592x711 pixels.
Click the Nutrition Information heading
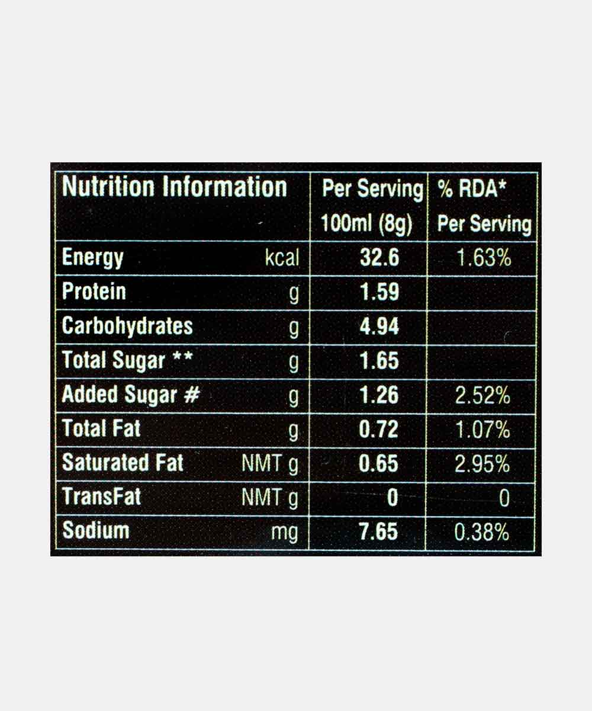pyautogui.click(x=175, y=187)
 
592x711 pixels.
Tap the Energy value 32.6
pyautogui.click(x=379, y=258)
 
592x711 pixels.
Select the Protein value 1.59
pyautogui.click(x=379, y=292)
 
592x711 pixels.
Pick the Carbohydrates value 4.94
pyautogui.click(x=379, y=326)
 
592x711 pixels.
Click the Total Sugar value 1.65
pyautogui.click(x=379, y=361)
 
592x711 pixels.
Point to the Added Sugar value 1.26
pyautogui.click(x=379, y=395)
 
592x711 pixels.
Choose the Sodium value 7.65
pyautogui.click(x=379, y=531)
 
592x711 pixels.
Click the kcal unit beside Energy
pyautogui.click(x=282, y=259)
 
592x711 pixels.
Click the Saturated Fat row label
pyautogui.click(x=123, y=463)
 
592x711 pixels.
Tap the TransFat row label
pyautogui.click(x=102, y=497)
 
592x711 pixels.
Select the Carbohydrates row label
pyautogui.click(x=127, y=326)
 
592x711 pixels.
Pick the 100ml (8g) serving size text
pyautogui.click(x=366, y=225)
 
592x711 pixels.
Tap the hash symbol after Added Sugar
pyautogui.click(x=191, y=395)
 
